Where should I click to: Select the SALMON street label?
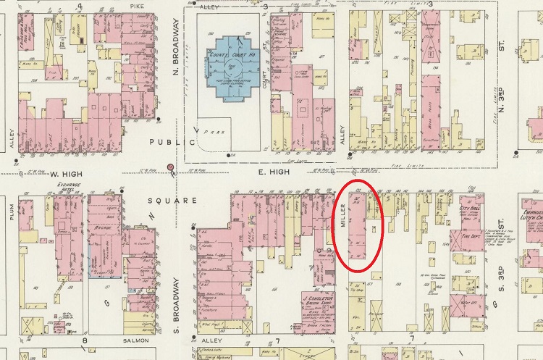click(135, 340)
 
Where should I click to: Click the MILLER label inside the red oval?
click(342, 214)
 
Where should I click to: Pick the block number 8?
click(85, 340)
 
